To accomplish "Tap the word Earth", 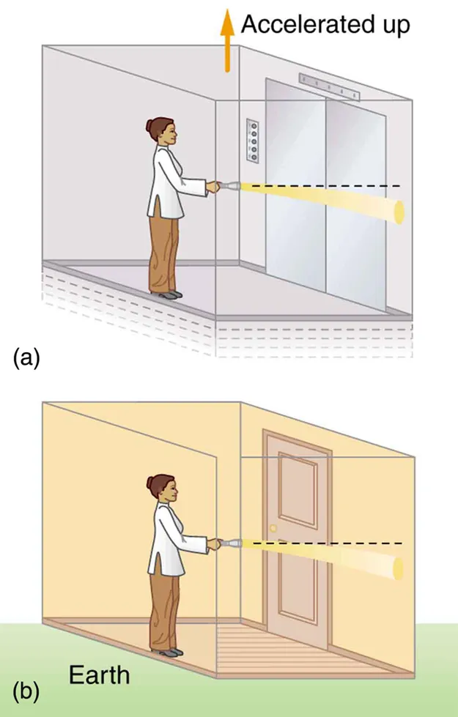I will click(99, 674).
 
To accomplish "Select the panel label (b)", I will click(24, 691).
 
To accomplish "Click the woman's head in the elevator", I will click(163, 133).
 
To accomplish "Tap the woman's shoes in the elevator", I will click(168, 294).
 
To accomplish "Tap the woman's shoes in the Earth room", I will click(168, 651).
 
